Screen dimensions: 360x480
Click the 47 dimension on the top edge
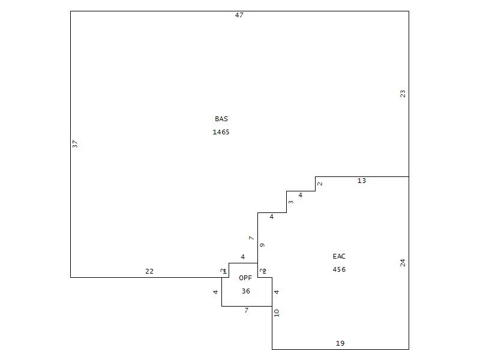coord(239,15)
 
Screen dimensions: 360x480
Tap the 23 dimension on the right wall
coord(403,94)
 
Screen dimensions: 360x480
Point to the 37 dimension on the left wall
coord(76,144)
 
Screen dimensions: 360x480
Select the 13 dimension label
coord(361,181)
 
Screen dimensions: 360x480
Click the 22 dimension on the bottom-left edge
coord(149,271)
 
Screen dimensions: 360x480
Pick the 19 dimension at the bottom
coord(340,343)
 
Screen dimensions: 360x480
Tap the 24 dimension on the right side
coord(403,263)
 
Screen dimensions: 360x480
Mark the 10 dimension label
coord(277,313)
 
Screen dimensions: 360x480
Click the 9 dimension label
coord(262,245)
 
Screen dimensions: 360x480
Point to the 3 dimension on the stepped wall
coord(291,202)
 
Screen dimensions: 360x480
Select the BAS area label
coord(221,119)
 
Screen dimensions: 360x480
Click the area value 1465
coord(221,132)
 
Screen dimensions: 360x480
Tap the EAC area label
coord(339,256)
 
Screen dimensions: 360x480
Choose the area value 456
coord(339,269)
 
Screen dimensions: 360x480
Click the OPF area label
coord(245,278)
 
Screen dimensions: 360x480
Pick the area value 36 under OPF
coord(245,291)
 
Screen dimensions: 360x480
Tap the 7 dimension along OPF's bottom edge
coord(246,310)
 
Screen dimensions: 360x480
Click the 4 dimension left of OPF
coord(215,292)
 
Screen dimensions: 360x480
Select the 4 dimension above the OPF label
coord(242,257)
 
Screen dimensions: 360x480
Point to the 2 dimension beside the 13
coord(320,184)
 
